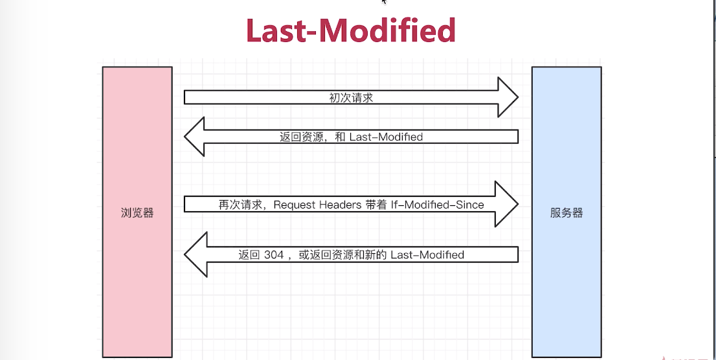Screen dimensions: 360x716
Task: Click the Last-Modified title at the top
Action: [x=350, y=30]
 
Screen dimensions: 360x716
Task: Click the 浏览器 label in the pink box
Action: [x=137, y=213]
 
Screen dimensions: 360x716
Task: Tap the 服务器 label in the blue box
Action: [x=566, y=213]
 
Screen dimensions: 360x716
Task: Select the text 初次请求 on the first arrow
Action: [x=352, y=98]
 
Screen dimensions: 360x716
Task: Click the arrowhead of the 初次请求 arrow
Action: [x=508, y=97]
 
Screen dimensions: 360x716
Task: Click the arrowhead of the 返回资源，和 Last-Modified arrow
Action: [x=194, y=137]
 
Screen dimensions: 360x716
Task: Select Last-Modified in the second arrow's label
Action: [x=386, y=137]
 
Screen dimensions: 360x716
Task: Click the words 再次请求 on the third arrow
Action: [x=240, y=205]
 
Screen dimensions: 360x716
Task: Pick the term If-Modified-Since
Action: [x=438, y=205]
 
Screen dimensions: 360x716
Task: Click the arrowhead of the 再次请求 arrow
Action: [x=508, y=204]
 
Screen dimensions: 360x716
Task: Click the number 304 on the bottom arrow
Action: [x=274, y=255]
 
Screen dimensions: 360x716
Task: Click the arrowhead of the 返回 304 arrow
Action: [x=194, y=255]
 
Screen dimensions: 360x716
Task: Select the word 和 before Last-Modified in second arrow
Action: [x=340, y=137]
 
